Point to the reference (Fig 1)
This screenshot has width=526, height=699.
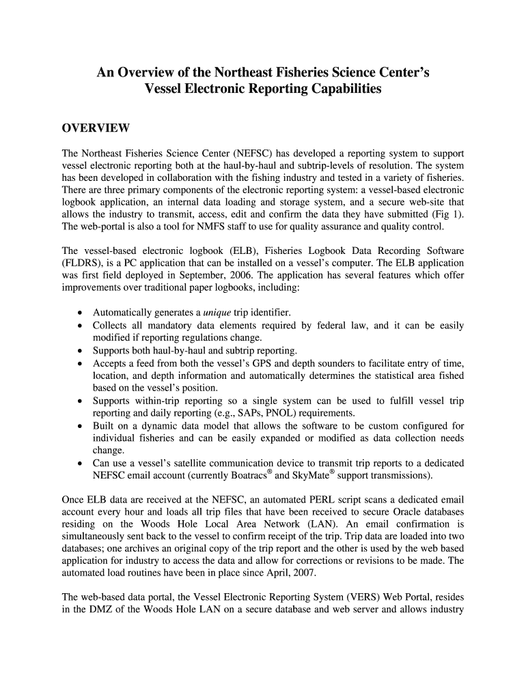click(447, 214)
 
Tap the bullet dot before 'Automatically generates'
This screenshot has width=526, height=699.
click(81, 313)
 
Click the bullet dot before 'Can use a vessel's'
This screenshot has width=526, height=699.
click(81, 463)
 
